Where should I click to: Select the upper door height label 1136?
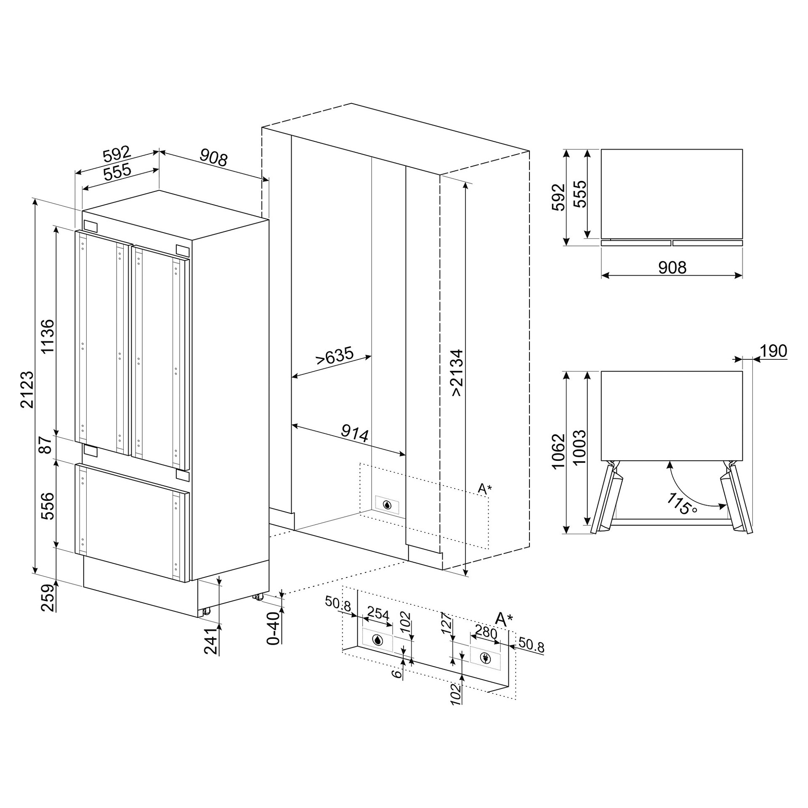48,336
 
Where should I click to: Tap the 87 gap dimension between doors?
45,445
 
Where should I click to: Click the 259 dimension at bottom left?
48,598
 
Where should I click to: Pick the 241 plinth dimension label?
212,640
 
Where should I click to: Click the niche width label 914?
355,433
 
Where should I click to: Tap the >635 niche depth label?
335,356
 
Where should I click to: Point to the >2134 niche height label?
457,372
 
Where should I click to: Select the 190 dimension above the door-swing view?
773,351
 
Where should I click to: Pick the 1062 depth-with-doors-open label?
558,451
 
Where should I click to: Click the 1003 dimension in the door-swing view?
579,447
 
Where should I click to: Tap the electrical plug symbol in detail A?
485,659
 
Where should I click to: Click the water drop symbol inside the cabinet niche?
387,505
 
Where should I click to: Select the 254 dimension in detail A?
378,615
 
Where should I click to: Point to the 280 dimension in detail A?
486,633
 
